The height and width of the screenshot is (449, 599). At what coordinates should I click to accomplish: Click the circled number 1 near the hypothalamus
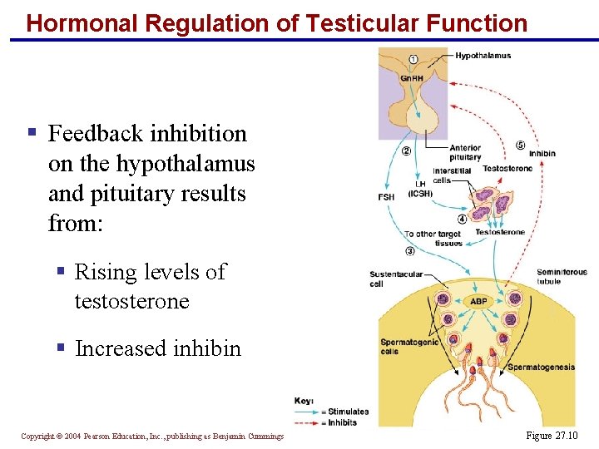[x=414, y=58]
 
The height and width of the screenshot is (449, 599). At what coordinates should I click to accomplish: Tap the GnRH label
[x=411, y=79]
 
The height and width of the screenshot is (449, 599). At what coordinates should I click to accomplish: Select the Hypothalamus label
[x=483, y=56]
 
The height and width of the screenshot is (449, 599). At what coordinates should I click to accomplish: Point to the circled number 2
[x=406, y=151]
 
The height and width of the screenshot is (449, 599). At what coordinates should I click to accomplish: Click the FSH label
[x=386, y=197]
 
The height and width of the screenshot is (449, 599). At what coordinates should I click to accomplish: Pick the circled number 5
[x=520, y=145]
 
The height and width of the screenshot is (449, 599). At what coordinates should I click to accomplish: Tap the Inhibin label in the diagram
[x=542, y=154]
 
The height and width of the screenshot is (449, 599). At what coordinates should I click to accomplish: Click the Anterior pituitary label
[x=465, y=152]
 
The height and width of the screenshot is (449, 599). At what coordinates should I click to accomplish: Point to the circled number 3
[x=410, y=251]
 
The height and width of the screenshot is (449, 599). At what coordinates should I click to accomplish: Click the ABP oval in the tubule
[x=479, y=301]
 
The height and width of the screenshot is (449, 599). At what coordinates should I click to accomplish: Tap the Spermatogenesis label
[x=541, y=367]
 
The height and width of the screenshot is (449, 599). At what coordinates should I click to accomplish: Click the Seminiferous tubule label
[x=562, y=276]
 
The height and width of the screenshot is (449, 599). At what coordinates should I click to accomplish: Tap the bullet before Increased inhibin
[x=62, y=348]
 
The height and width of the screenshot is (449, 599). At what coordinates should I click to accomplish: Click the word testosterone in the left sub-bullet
[x=131, y=301]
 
